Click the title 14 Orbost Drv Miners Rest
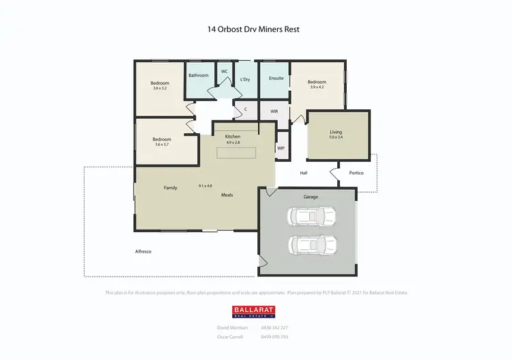pyautogui.click(x=253, y=29)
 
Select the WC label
pyautogui.click(x=224, y=71)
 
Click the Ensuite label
pyautogui.click(x=276, y=78)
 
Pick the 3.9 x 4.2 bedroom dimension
pyautogui.click(x=317, y=87)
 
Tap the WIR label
pyautogui.click(x=274, y=110)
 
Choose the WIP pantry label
pyautogui.click(x=281, y=148)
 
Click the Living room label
pyautogui.click(x=336, y=132)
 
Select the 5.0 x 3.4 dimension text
pyautogui.click(x=336, y=138)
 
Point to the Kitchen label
pyautogui.click(x=233, y=137)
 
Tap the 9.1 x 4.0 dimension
pyautogui.click(x=205, y=186)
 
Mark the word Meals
pyautogui.click(x=227, y=195)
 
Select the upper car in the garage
pyautogui.click(x=312, y=217)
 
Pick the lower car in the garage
pyautogui.click(x=312, y=244)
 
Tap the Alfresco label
pyautogui.click(x=143, y=252)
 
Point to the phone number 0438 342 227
pyautogui.click(x=274, y=328)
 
